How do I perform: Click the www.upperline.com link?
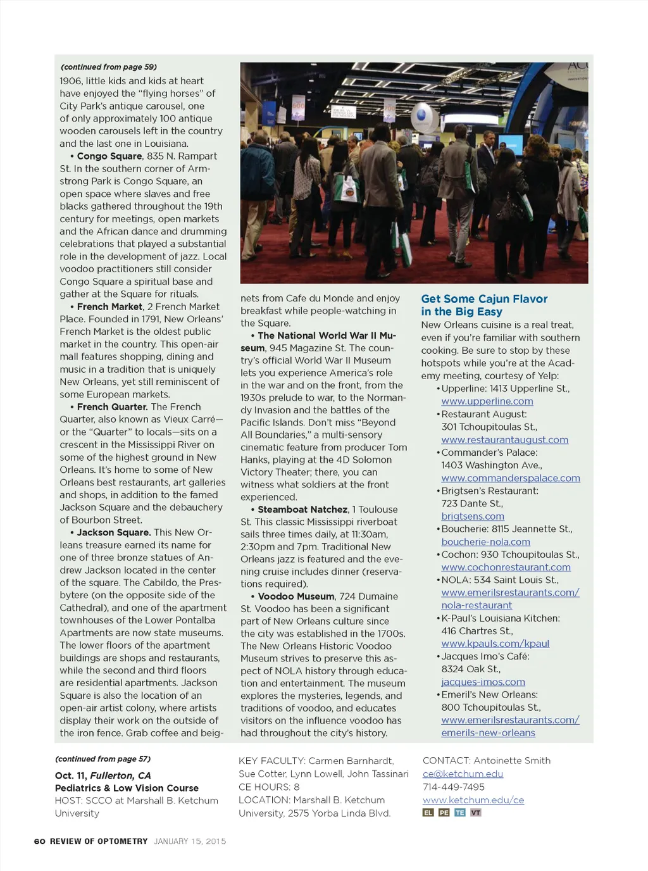[x=487, y=401]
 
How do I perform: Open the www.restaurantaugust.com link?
[x=504, y=440]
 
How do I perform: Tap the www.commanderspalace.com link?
[x=510, y=478]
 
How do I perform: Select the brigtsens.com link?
[x=472, y=517]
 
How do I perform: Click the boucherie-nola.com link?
[x=485, y=542]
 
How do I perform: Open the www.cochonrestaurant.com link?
[x=506, y=567]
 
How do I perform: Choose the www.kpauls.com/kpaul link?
[x=495, y=644]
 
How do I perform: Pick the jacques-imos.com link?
[x=483, y=682]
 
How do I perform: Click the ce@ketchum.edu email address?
[x=463, y=774]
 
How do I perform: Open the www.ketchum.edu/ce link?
[x=473, y=800]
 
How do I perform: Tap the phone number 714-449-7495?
[x=453, y=787]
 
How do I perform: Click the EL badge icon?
[x=428, y=813]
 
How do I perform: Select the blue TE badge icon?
[x=459, y=813]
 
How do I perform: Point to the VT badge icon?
[x=475, y=813]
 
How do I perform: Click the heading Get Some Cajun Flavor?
[x=484, y=299]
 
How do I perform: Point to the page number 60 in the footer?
[x=39, y=841]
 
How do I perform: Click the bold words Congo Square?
[x=109, y=156]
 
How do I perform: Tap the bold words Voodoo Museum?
[x=296, y=596]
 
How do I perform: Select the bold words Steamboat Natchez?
[x=302, y=510]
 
